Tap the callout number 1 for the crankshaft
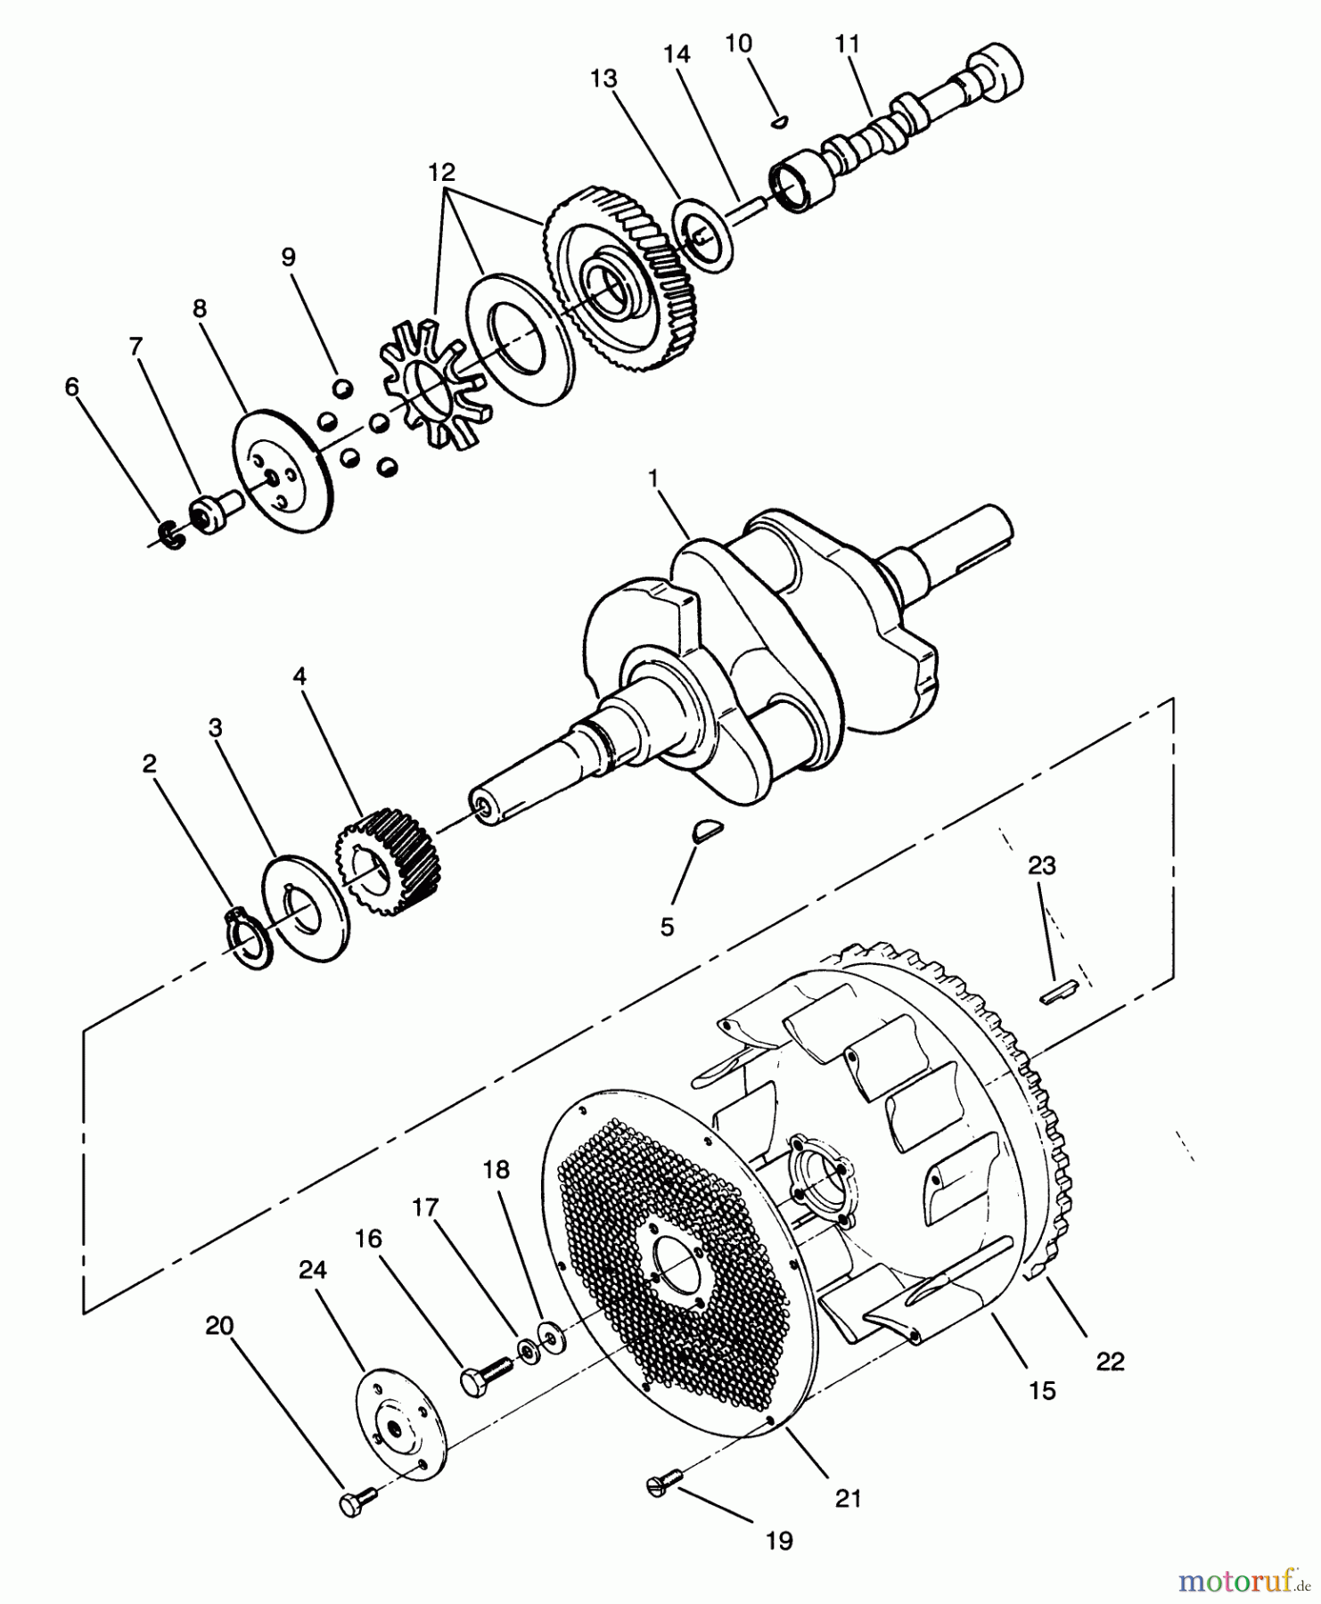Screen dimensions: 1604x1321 pos(653,479)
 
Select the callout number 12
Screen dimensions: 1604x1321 pos(441,173)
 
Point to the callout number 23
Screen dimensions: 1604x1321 pos(1041,865)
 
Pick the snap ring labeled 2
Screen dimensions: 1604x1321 pos(245,937)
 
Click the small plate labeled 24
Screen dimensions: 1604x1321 pos(400,1422)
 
